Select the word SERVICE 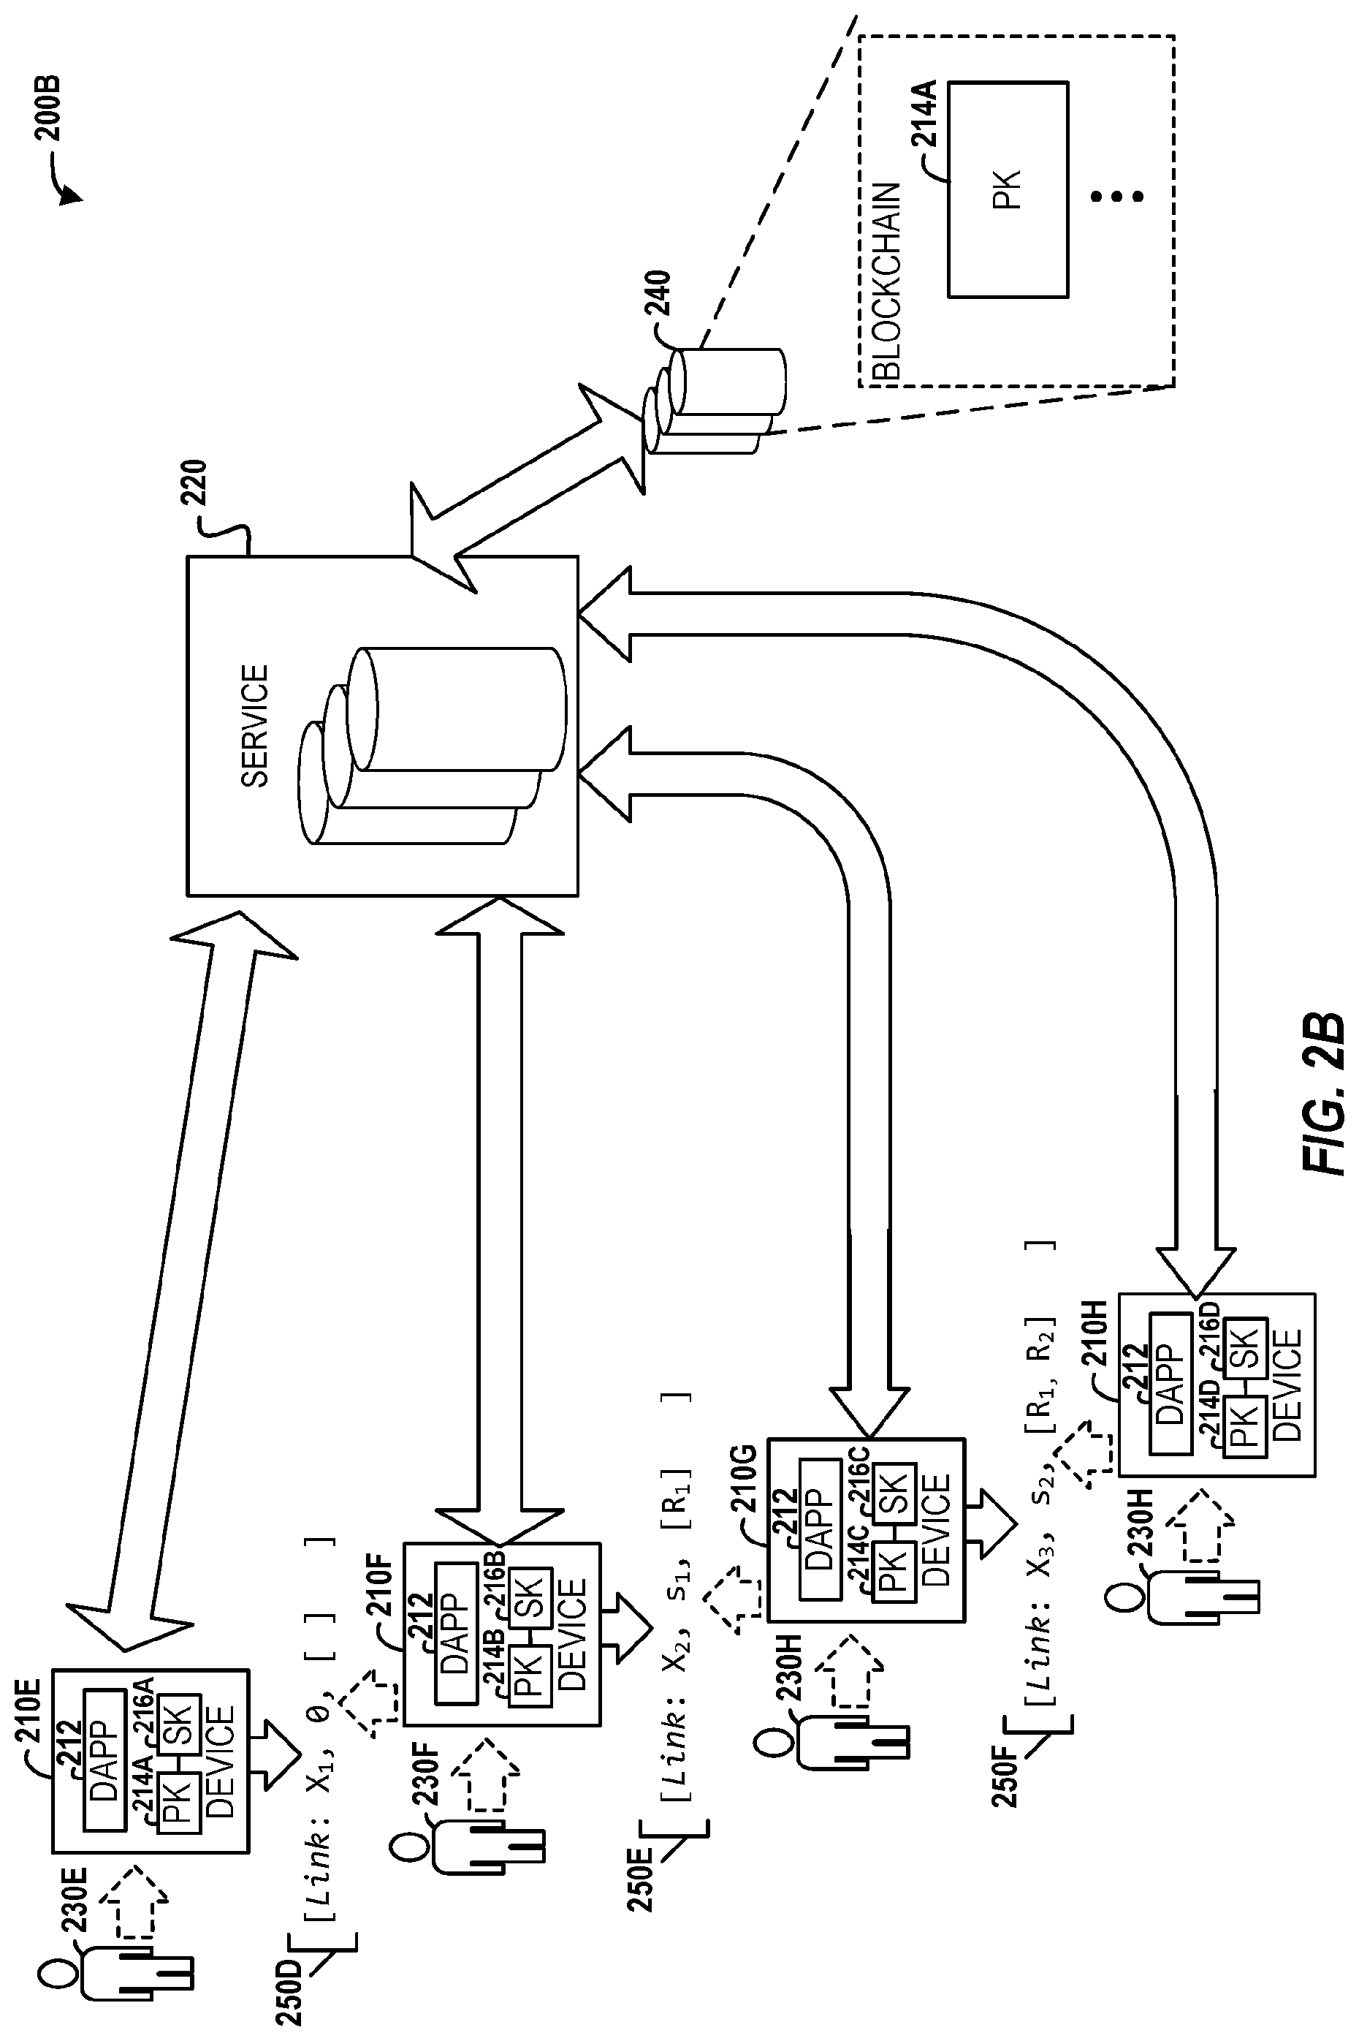point(255,726)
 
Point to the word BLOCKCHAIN point(888,281)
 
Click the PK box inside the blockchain point(1007,190)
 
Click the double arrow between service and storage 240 point(530,488)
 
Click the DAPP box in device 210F point(456,1635)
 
